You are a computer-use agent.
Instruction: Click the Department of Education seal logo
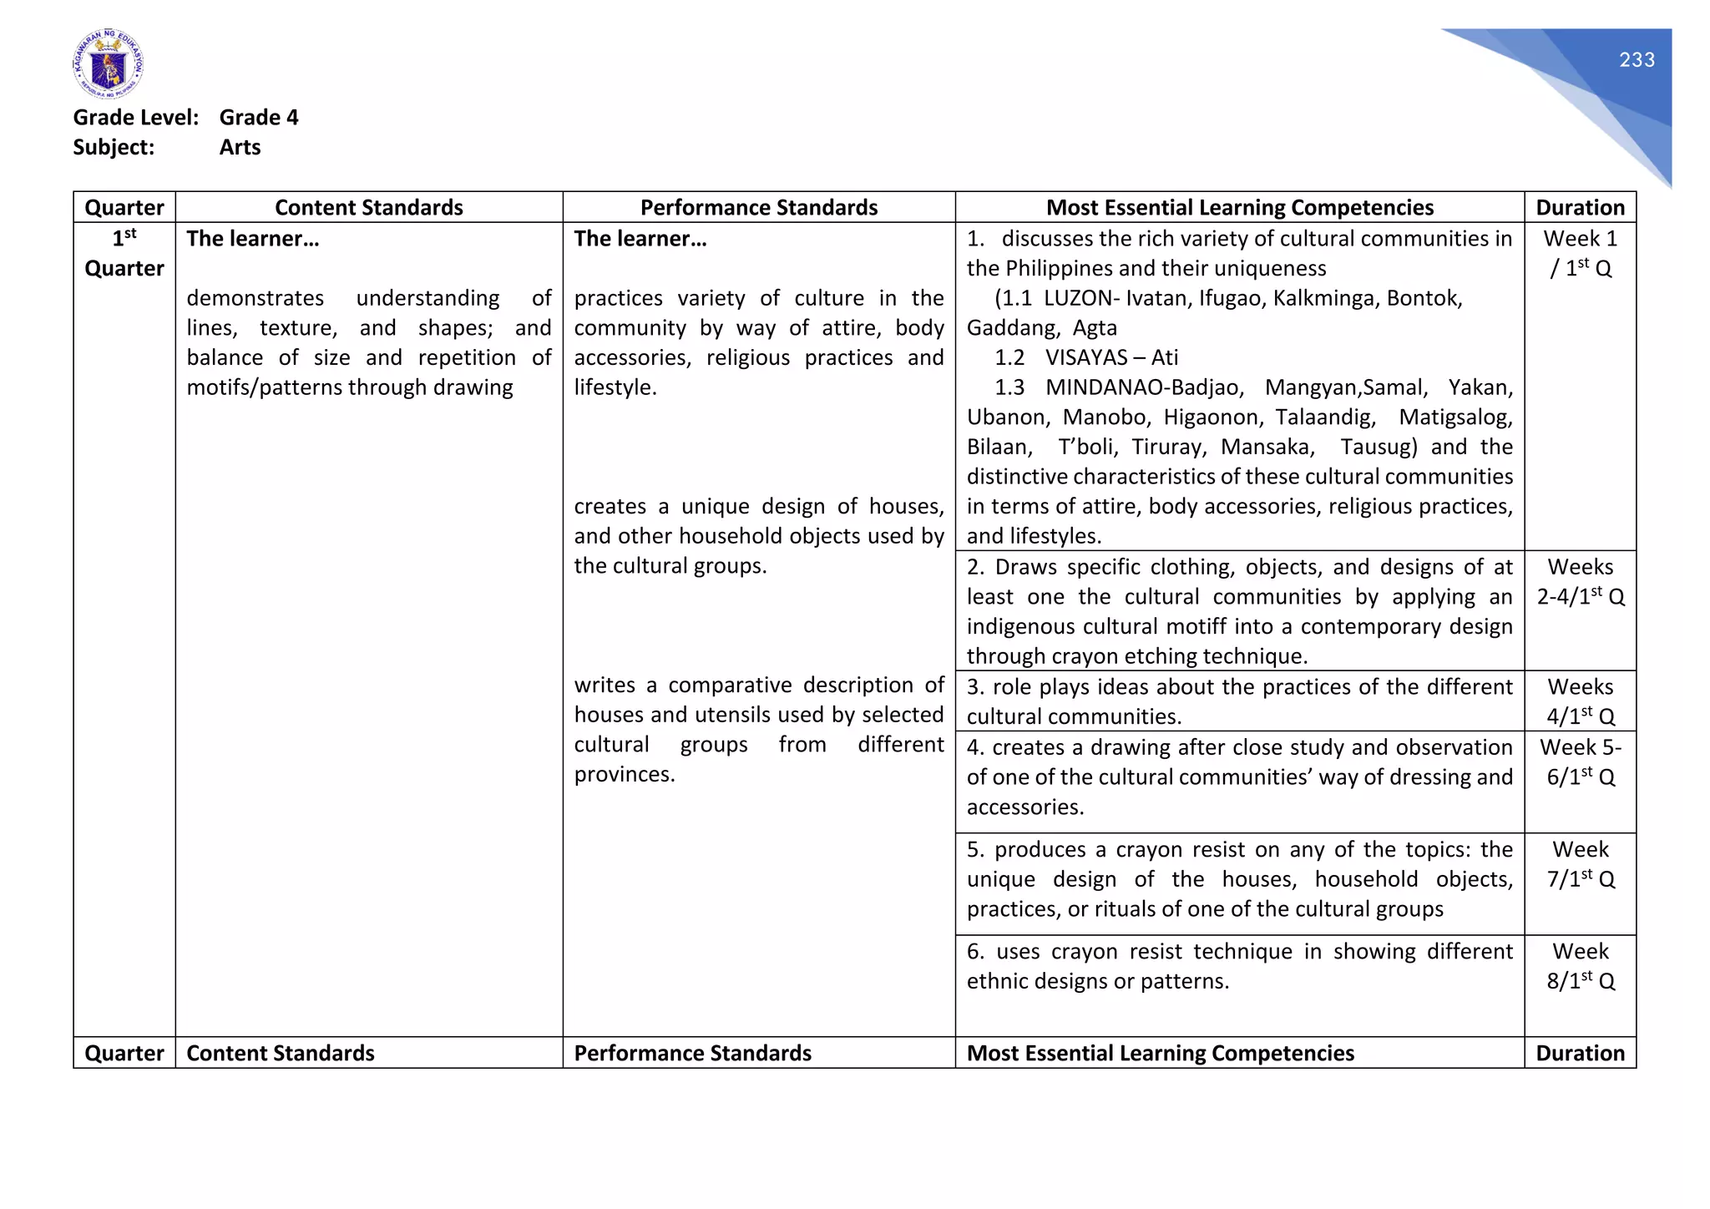(x=108, y=64)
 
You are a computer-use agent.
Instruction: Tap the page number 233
(x=1637, y=60)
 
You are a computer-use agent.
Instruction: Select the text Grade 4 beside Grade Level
(x=258, y=118)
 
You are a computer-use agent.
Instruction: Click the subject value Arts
(x=240, y=148)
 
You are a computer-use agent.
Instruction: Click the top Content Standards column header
(x=368, y=208)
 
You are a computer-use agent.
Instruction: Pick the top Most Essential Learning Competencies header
(x=1239, y=208)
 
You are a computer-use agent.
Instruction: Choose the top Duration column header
(x=1580, y=208)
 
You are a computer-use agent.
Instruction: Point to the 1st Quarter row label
(x=124, y=254)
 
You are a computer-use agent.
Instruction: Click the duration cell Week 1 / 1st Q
(x=1580, y=254)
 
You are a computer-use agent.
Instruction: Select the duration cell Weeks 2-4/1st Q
(x=1580, y=582)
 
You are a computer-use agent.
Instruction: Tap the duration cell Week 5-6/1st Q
(x=1580, y=762)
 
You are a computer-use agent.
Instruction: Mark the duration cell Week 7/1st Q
(x=1580, y=864)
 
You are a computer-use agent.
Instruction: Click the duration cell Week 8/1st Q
(x=1580, y=966)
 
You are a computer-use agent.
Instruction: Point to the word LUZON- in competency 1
(x=1081, y=299)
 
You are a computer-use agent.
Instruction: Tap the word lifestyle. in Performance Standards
(x=615, y=388)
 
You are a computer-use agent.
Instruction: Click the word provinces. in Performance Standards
(x=625, y=775)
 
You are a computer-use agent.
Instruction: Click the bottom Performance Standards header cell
(x=692, y=1054)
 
